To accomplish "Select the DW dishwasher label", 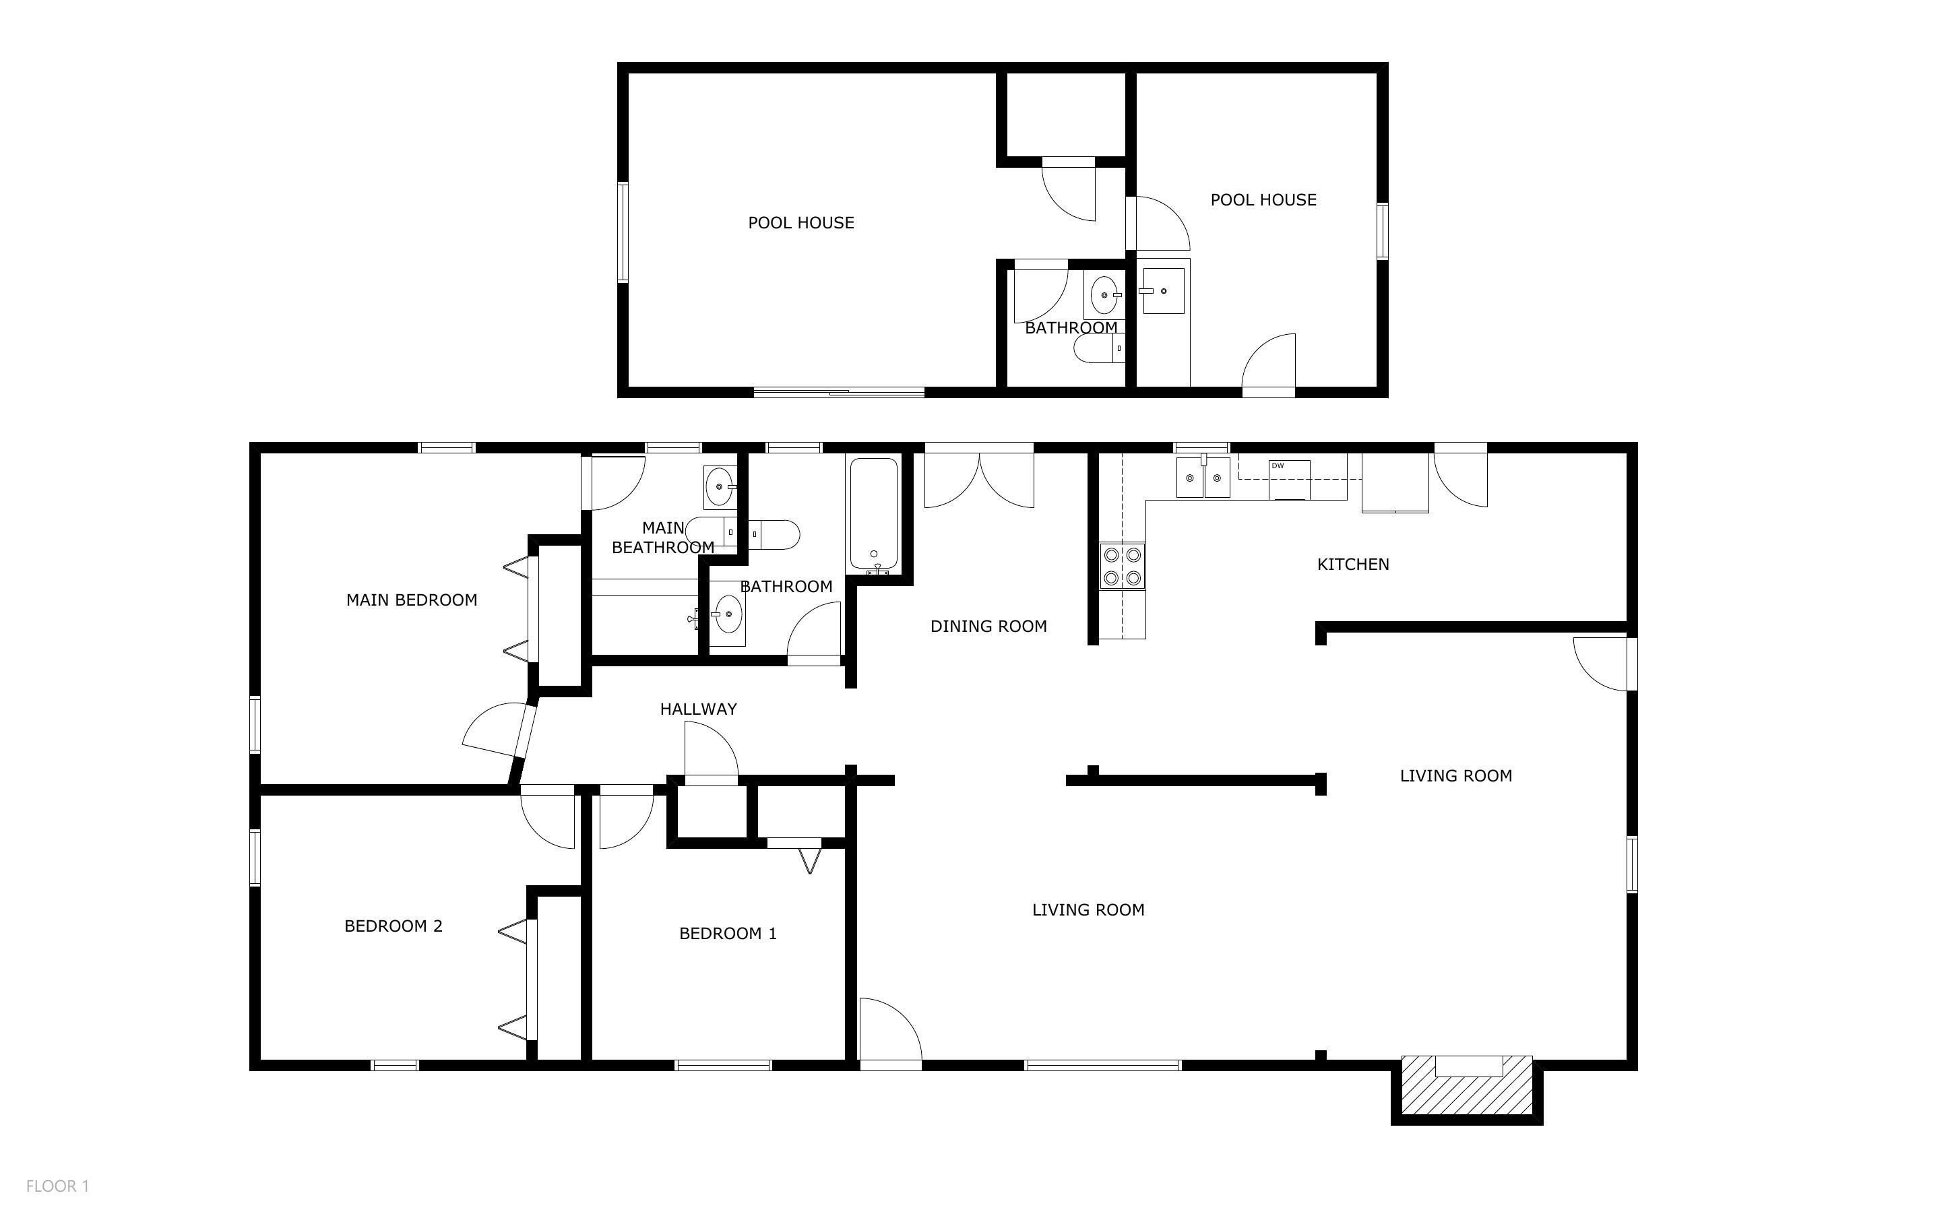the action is coord(1278,466).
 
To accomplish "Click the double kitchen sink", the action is coord(1203,478).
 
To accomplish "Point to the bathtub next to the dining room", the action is coord(874,513).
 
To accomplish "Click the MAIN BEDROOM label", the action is coord(412,600).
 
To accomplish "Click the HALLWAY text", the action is coord(698,709).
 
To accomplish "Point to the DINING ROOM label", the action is coord(988,626).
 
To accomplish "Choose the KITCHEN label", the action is coord(1353,565).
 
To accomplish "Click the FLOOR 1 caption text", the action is coord(57,1186).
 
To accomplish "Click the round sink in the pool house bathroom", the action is coord(1104,296).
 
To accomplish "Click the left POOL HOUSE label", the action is coord(800,223).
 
